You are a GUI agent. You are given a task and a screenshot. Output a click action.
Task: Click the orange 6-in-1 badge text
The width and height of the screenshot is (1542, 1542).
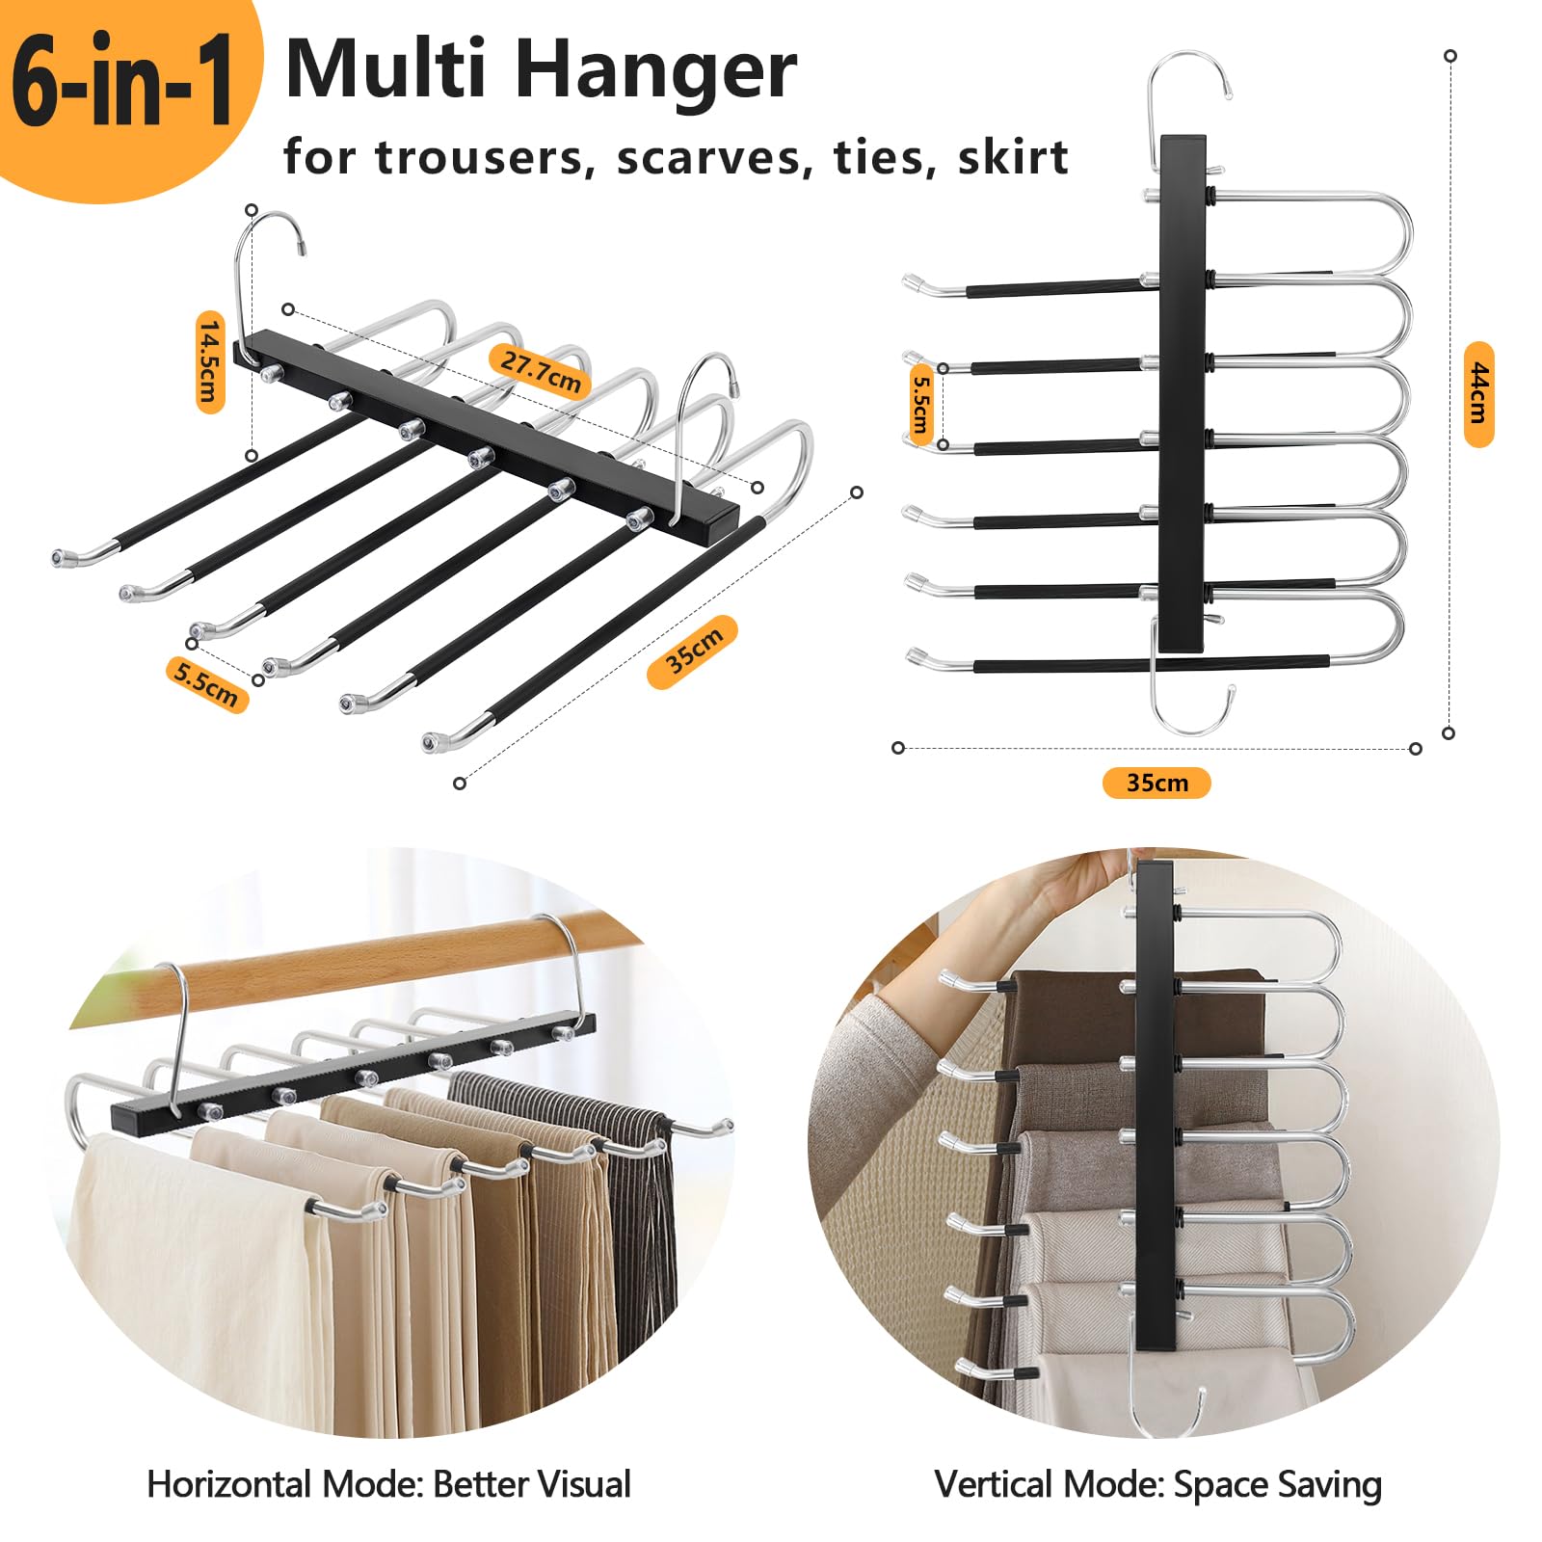tap(122, 82)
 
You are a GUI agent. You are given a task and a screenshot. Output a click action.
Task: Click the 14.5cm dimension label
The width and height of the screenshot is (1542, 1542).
tap(210, 361)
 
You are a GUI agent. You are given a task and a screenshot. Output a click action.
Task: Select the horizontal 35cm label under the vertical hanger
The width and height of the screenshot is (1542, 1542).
tap(1156, 783)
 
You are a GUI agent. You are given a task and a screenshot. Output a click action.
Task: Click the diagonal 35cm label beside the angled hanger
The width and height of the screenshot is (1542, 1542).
tap(693, 651)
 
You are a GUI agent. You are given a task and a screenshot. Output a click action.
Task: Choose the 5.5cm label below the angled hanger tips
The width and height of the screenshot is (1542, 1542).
tap(206, 683)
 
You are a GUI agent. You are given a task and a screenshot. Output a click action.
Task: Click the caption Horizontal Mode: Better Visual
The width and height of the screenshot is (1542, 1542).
tap(388, 1484)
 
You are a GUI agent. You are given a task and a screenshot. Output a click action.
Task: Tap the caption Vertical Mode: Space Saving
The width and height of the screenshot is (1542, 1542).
tap(1157, 1485)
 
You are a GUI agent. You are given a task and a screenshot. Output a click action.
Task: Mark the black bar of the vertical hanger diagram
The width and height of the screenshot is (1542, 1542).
tap(1183, 393)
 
